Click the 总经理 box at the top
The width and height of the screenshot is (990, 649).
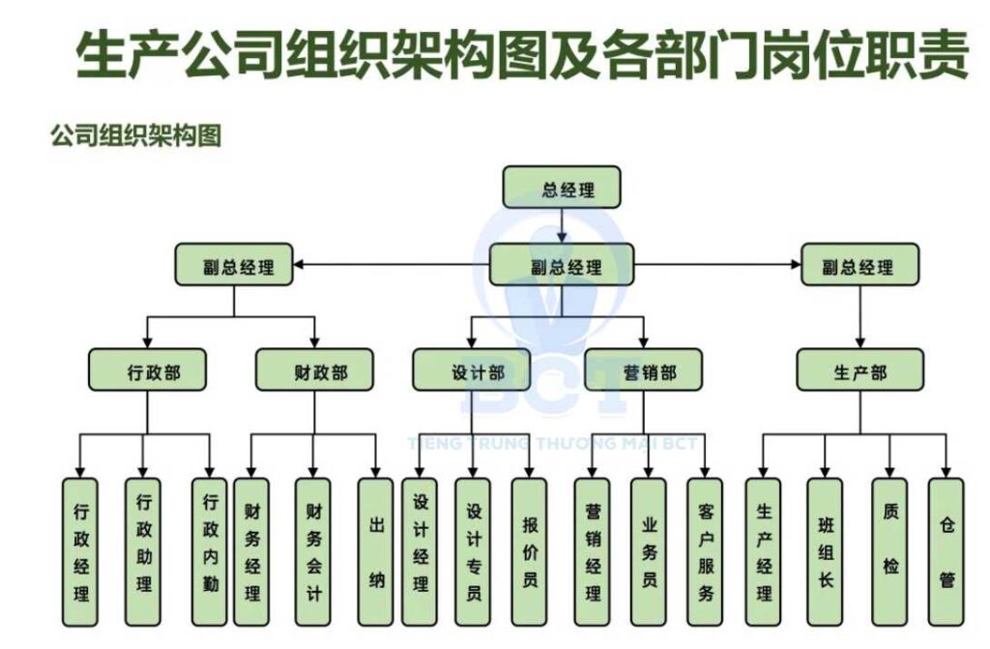562,188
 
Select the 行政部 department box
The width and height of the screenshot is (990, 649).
148,369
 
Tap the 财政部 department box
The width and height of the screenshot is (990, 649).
314,369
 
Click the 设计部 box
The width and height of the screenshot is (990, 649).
472,369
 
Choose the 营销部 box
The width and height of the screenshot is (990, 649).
643,369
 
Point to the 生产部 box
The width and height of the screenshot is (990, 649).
859,369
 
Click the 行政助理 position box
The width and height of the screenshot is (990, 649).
142,549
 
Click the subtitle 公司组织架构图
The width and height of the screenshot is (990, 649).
136,135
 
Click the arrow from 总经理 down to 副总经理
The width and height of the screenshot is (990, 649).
562,224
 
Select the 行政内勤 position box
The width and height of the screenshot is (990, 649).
210,549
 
